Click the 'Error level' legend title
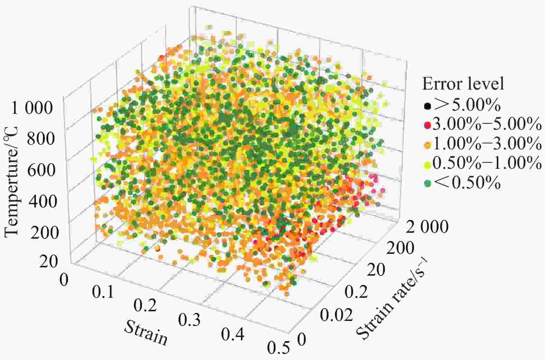point(463,84)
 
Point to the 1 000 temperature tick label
point(33,108)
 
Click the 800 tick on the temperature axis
point(42,139)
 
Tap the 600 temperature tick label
point(42,170)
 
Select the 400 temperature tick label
point(42,201)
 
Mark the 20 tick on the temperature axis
point(48,262)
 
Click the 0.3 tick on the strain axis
point(189,320)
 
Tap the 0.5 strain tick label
point(279,348)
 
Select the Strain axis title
point(146,333)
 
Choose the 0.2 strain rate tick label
point(356,293)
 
